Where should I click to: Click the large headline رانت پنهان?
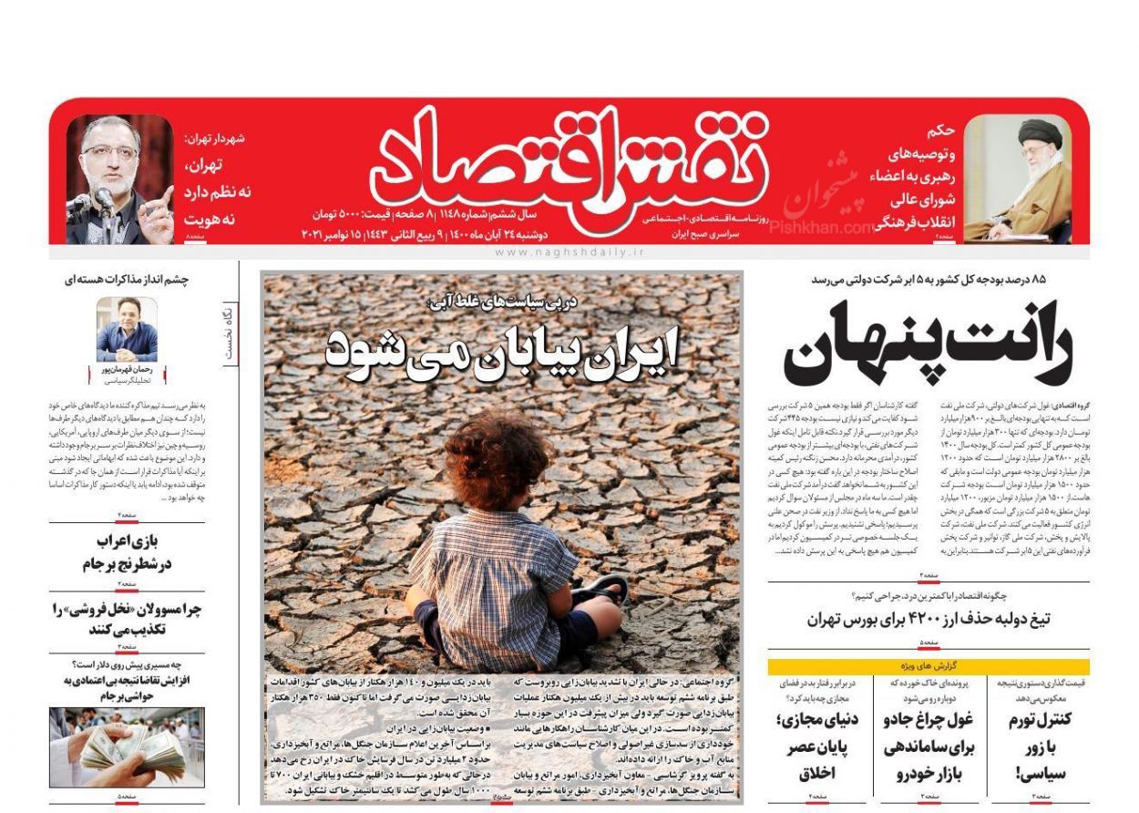click(x=928, y=347)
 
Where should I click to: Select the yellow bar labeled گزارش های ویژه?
click(x=928, y=666)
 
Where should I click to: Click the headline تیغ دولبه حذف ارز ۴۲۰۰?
click(x=928, y=620)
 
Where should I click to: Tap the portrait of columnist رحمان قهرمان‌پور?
click(x=127, y=329)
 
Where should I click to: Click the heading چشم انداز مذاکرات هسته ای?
click(x=127, y=280)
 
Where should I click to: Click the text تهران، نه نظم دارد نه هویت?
click(x=217, y=192)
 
